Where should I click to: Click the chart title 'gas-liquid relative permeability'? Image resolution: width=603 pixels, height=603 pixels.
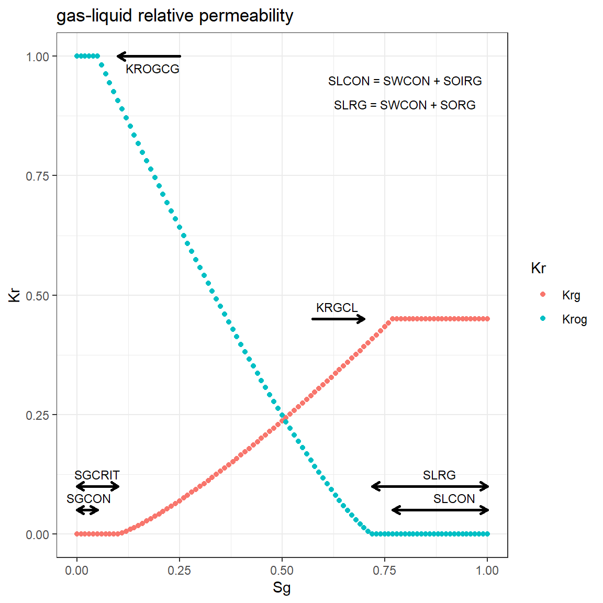[175, 16]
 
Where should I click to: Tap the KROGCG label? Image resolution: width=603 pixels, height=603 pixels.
[152, 69]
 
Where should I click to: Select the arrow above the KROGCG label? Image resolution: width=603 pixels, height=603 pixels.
[149, 56]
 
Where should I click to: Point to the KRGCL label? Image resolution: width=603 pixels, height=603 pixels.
[337, 308]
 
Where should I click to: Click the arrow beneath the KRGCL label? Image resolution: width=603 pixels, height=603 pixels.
[338, 319]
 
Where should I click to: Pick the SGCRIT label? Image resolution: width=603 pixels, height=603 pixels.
[97, 475]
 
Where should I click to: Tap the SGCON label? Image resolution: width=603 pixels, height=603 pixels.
[88, 499]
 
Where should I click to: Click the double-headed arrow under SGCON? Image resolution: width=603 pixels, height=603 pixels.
[87, 510]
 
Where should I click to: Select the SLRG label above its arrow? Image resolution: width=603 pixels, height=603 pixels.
[439, 475]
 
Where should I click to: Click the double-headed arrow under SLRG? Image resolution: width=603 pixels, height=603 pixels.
[430, 486]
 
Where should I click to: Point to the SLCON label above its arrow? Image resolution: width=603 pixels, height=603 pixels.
[454, 499]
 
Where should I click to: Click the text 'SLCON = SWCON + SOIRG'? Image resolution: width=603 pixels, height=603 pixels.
[405, 81]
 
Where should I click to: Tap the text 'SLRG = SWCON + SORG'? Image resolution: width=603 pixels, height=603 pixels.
[405, 105]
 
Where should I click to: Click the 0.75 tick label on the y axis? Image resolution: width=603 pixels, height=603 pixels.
[37, 176]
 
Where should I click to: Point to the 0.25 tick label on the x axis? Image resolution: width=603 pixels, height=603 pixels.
[180, 571]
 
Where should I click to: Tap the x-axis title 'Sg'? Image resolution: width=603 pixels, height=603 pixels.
[282, 588]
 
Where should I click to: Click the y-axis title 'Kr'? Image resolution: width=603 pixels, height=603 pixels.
[15, 295]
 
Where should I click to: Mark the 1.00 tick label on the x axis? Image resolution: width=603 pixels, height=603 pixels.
[487, 571]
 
